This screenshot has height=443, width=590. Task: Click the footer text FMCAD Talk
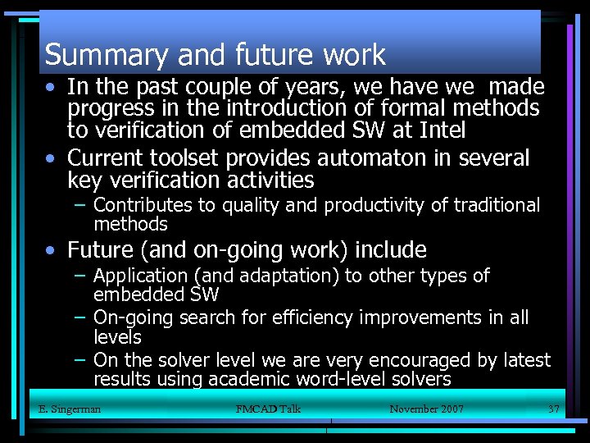pyautogui.click(x=268, y=409)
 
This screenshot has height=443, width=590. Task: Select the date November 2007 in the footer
pyautogui.click(x=426, y=409)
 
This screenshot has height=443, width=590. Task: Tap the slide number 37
pyautogui.click(x=554, y=409)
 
